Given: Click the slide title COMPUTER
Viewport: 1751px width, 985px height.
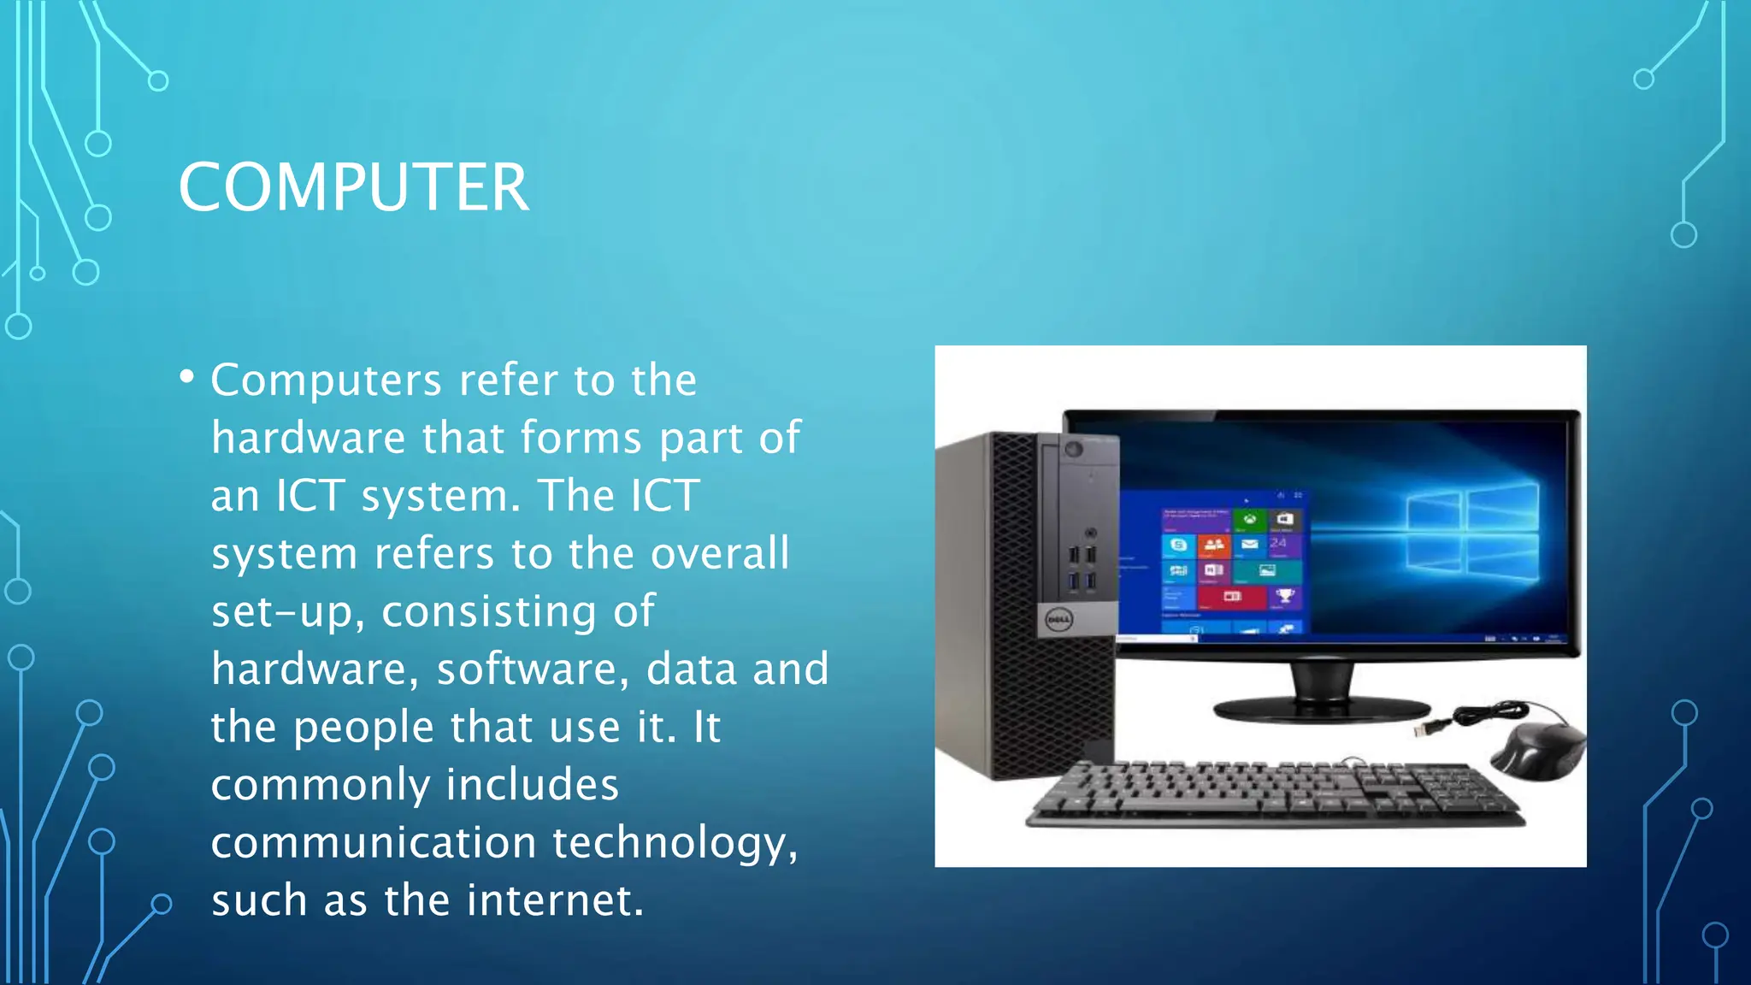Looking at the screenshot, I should [353, 187].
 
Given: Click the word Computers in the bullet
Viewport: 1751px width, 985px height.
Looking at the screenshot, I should [326, 380].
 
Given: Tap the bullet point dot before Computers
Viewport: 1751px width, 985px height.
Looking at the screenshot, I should [187, 376].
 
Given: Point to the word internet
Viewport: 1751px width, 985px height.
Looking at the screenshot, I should [555, 899].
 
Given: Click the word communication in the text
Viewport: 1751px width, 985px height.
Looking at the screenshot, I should [372, 842].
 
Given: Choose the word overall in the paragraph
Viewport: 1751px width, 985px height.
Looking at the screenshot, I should [720, 553].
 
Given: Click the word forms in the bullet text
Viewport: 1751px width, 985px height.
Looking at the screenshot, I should [581, 438].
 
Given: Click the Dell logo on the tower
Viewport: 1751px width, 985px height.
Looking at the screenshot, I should [1059, 619].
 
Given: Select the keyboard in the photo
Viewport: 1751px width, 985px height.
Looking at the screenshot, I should [1274, 793].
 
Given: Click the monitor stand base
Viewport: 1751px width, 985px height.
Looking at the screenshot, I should [1322, 709].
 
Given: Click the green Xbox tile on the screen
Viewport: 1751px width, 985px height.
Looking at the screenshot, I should [1249, 520].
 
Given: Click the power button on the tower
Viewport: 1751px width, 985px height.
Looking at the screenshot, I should [1074, 449].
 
